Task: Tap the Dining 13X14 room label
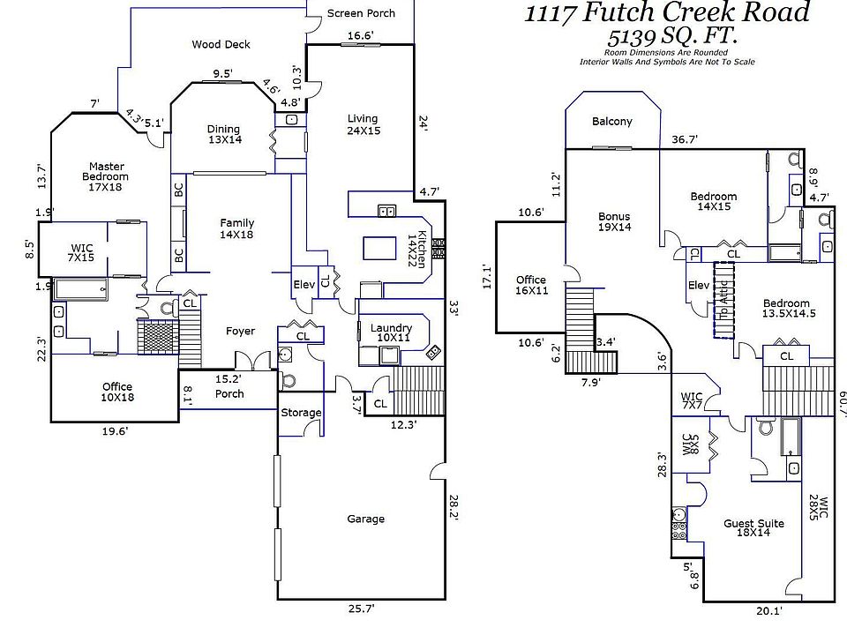[223, 134]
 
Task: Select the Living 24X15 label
[362, 124]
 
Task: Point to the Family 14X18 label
[236, 228]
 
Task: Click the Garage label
[365, 519]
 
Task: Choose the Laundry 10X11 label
[391, 332]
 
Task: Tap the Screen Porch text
[361, 13]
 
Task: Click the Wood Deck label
[221, 44]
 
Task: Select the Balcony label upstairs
[611, 122]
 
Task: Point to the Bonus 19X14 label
[614, 221]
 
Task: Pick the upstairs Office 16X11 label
[530, 285]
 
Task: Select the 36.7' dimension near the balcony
[685, 139]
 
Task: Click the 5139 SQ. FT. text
[672, 37]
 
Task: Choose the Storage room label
[301, 413]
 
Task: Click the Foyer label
[240, 332]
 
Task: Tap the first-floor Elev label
[304, 284]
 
